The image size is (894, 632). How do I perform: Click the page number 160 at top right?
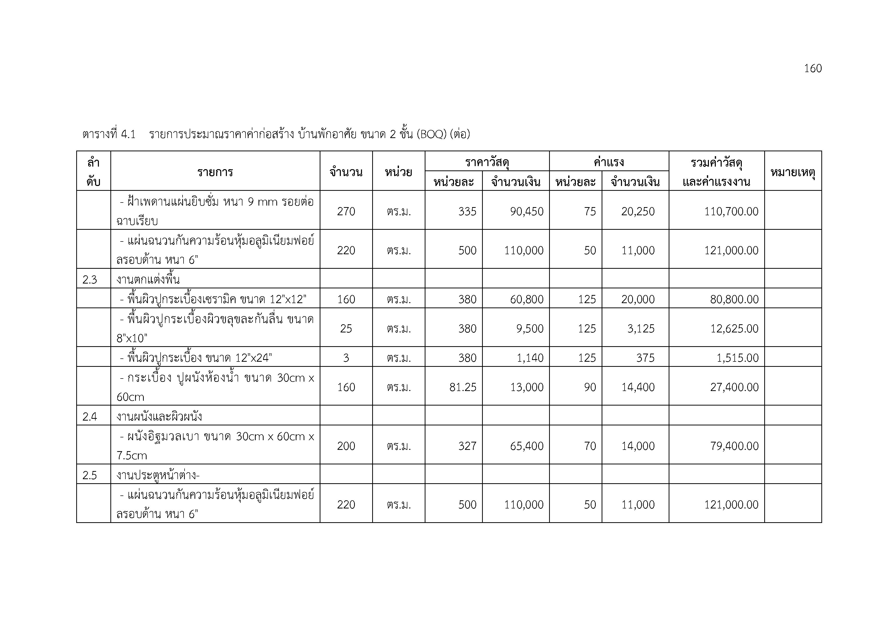pyautogui.click(x=813, y=69)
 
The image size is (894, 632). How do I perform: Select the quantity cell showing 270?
pyautogui.click(x=346, y=211)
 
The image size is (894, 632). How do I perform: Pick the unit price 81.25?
pyautogui.click(x=463, y=387)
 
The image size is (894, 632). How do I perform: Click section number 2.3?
pyautogui.click(x=89, y=279)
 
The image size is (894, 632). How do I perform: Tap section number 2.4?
pyautogui.click(x=89, y=416)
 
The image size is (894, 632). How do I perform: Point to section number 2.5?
pyautogui.click(x=89, y=475)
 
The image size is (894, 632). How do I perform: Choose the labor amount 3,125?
pyautogui.click(x=641, y=328)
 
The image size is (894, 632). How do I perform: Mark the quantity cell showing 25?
pyautogui.click(x=346, y=328)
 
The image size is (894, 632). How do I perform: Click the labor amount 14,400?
pyautogui.click(x=638, y=387)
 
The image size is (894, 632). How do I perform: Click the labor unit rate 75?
pyautogui.click(x=590, y=211)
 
